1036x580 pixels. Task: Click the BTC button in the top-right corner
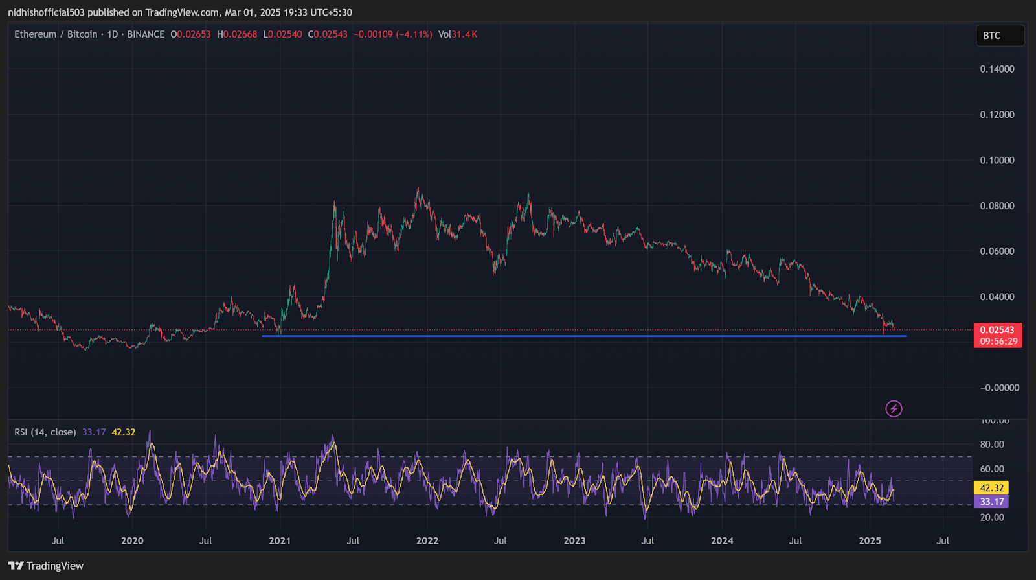(x=999, y=36)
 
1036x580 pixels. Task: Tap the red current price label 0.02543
(x=997, y=330)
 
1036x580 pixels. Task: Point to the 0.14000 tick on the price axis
(x=997, y=69)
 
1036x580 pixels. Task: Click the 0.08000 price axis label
(x=997, y=206)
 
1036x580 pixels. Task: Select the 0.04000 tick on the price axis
(x=997, y=297)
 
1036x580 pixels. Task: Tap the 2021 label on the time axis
(x=280, y=540)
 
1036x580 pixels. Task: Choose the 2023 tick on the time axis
(x=574, y=540)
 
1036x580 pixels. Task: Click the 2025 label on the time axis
(x=870, y=540)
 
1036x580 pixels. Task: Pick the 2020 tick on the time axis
(x=132, y=540)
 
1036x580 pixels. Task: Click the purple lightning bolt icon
(x=894, y=409)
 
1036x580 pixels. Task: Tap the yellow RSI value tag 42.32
(x=991, y=488)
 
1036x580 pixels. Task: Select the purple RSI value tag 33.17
(x=991, y=502)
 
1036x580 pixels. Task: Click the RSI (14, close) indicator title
(x=45, y=432)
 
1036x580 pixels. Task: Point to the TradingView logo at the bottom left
(x=46, y=566)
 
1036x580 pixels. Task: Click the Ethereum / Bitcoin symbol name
(x=56, y=34)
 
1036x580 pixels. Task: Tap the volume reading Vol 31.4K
(x=457, y=34)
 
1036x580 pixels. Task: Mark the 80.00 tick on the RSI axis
(x=992, y=445)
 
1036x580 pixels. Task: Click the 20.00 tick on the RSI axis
(x=992, y=517)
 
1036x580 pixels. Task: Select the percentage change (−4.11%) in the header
(x=414, y=34)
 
